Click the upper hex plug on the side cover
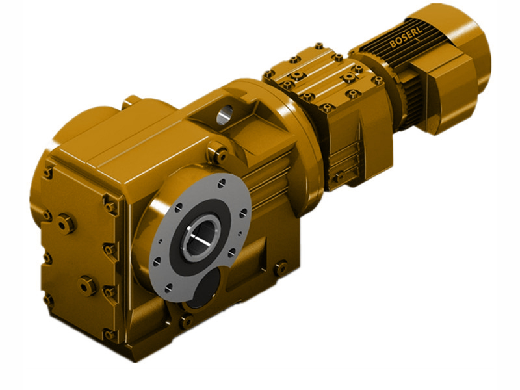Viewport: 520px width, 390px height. (x=66, y=224)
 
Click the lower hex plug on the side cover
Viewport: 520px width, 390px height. (x=87, y=285)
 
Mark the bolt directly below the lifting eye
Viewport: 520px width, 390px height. (x=219, y=154)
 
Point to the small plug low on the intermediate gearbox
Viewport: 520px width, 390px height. (x=338, y=177)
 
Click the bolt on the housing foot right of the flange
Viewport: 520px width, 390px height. (x=281, y=267)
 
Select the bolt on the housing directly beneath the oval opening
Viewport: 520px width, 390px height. (x=186, y=321)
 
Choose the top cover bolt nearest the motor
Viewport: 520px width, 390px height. (x=377, y=80)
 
